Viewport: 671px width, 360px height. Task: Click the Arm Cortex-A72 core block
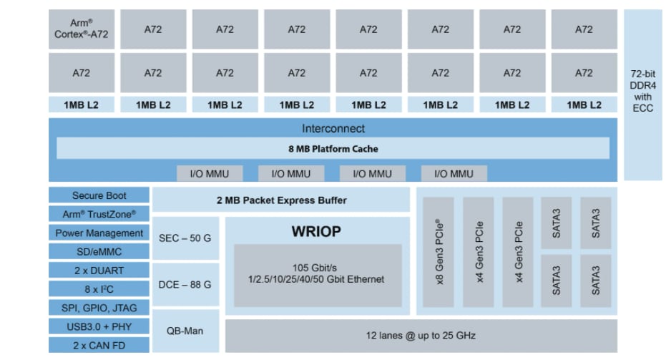[81, 29]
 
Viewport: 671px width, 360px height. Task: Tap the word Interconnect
[333, 129]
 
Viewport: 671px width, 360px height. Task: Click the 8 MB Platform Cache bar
[333, 149]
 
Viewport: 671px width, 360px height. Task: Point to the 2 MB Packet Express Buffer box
[281, 200]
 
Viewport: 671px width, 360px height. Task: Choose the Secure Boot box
[99, 195]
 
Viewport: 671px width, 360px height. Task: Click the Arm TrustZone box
[99, 214]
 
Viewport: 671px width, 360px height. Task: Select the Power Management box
[99, 233]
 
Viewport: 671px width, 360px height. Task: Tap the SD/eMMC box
[99, 251]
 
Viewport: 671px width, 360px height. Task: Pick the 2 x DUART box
[99, 271]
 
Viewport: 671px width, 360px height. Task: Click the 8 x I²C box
[99, 289]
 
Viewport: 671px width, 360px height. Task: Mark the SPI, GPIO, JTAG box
[99, 308]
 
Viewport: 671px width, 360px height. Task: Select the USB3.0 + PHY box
[99, 326]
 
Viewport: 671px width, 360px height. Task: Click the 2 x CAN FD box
[99, 345]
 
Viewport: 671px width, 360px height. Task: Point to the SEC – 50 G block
[185, 237]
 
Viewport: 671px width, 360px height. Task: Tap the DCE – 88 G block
[185, 284]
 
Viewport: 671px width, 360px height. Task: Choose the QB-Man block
[185, 331]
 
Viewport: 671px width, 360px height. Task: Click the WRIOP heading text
[316, 231]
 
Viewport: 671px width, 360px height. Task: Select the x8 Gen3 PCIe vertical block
[439, 252]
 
